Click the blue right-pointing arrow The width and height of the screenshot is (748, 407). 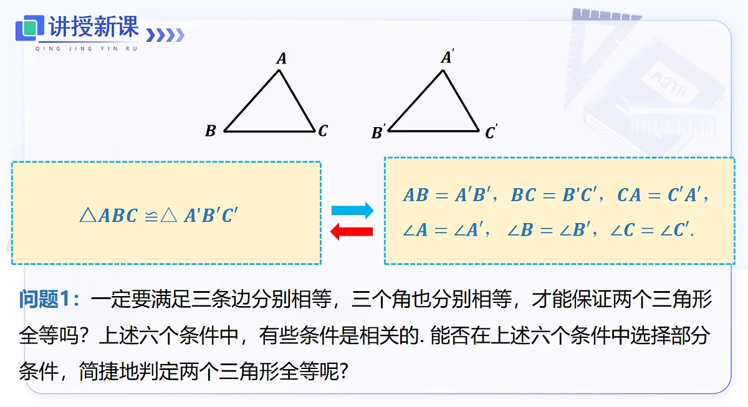(x=352, y=210)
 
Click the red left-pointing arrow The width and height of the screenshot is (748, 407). (x=352, y=231)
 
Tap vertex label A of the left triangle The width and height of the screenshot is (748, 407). (x=282, y=59)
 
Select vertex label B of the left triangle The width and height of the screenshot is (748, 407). (x=211, y=130)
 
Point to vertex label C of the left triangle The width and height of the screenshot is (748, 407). (x=323, y=130)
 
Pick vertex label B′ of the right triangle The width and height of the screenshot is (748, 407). (x=378, y=132)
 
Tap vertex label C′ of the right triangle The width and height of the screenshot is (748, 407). (x=491, y=132)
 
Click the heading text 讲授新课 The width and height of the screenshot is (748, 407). (x=93, y=26)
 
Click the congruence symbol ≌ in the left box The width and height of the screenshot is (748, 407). (x=151, y=216)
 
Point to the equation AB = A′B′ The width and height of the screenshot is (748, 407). (x=447, y=194)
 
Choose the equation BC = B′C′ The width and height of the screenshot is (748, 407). (x=554, y=194)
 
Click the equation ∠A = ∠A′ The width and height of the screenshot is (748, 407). (x=443, y=229)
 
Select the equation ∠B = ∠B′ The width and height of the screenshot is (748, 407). (x=549, y=229)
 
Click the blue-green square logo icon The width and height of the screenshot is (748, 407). (x=30, y=27)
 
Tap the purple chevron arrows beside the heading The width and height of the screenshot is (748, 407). (x=165, y=35)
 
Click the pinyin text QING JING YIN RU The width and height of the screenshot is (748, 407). (x=87, y=49)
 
